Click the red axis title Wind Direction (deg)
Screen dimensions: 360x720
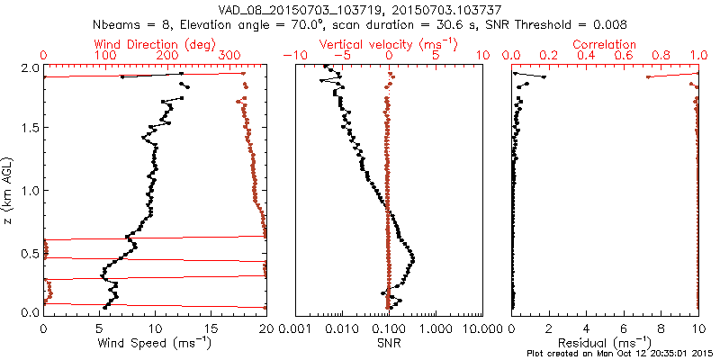pyautogui.click(x=155, y=44)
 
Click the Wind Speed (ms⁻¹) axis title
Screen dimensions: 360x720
pyautogui.click(x=156, y=344)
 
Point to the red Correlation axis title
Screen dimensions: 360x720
pyautogui.click(x=606, y=44)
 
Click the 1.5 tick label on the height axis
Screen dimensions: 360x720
pyautogui.click(x=30, y=129)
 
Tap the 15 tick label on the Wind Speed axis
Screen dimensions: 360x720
pyautogui.click(x=211, y=328)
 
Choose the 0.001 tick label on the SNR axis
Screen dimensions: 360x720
pyautogui.click(x=297, y=328)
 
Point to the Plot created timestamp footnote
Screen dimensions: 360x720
pyautogui.click(x=621, y=353)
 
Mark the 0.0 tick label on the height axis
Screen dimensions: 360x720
pyautogui.click(x=30, y=312)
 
